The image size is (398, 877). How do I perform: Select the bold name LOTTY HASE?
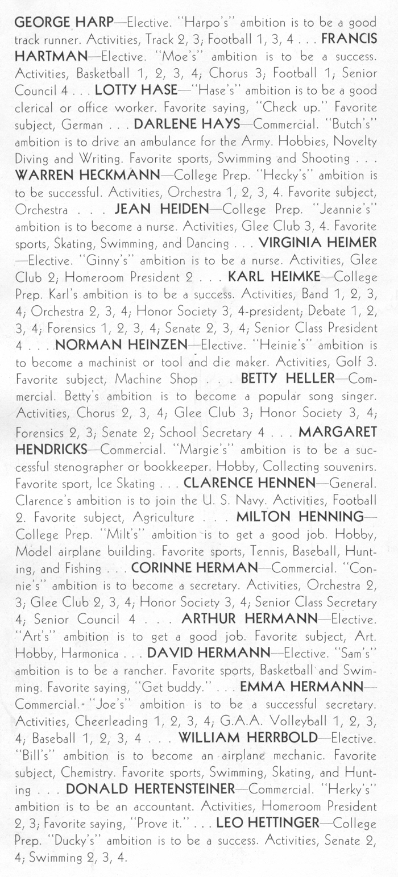[x=135, y=90]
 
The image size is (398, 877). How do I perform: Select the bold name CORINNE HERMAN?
[x=194, y=568]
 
